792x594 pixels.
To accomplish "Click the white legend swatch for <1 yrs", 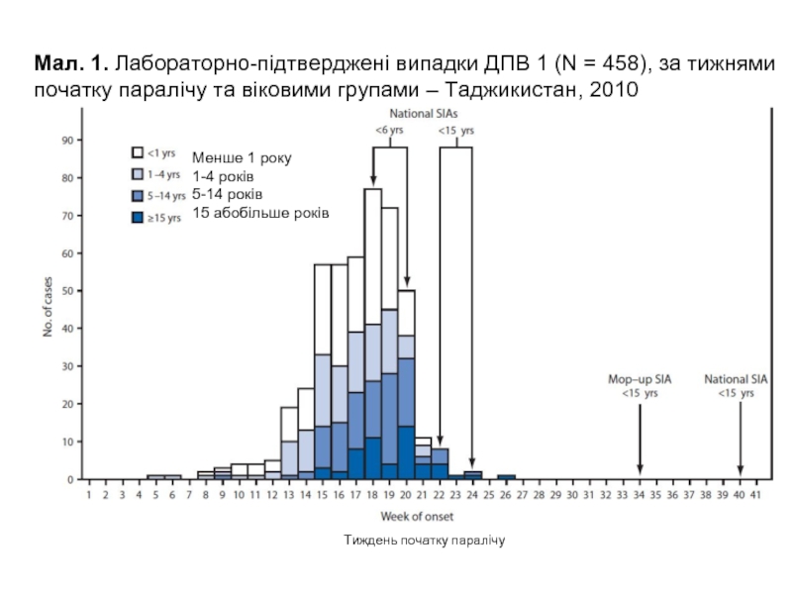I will (x=139, y=153).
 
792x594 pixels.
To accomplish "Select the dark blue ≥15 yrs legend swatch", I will (x=139, y=217).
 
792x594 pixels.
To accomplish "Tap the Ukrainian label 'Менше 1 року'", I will (x=243, y=158).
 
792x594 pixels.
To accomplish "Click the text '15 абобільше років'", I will (x=260, y=213).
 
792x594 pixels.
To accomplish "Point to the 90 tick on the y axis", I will (x=68, y=141).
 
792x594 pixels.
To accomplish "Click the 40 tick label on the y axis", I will (x=68, y=328).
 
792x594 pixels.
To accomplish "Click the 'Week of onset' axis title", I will (x=419, y=516).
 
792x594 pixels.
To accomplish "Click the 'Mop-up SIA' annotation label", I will (x=639, y=379).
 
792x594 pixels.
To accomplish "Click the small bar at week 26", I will (x=506, y=476).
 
